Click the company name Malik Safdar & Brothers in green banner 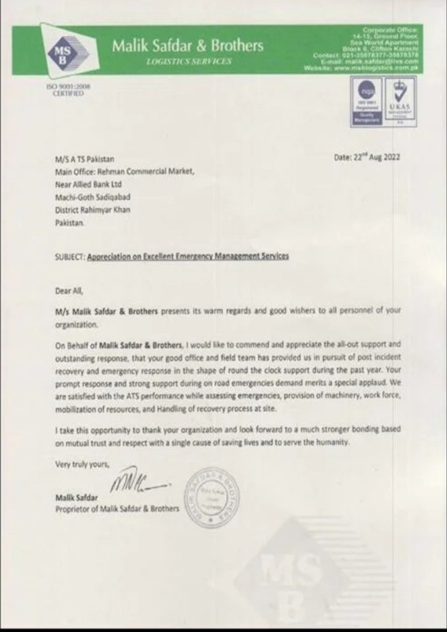point(187,46)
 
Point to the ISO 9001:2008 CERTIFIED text point(64,89)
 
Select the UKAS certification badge point(401,102)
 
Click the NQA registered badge point(366,102)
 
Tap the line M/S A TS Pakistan point(84,159)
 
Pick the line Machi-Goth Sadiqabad point(92,197)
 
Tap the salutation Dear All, point(68,289)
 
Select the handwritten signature point(136,479)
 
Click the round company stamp point(211,497)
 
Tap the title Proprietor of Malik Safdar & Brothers point(117,509)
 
